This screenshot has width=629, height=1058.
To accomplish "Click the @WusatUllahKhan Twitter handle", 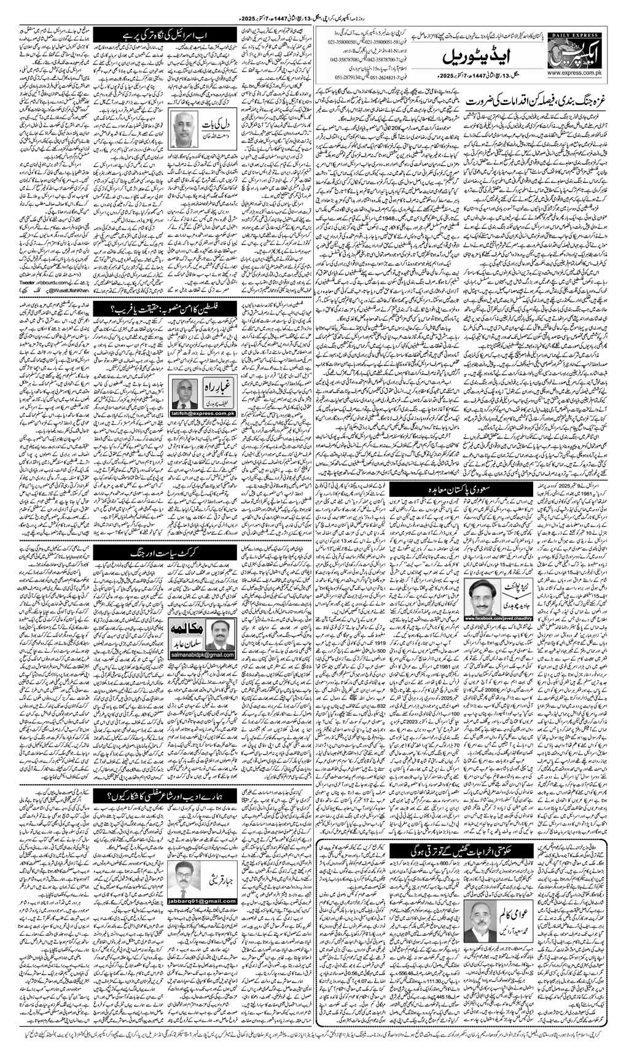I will (x=58, y=270).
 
